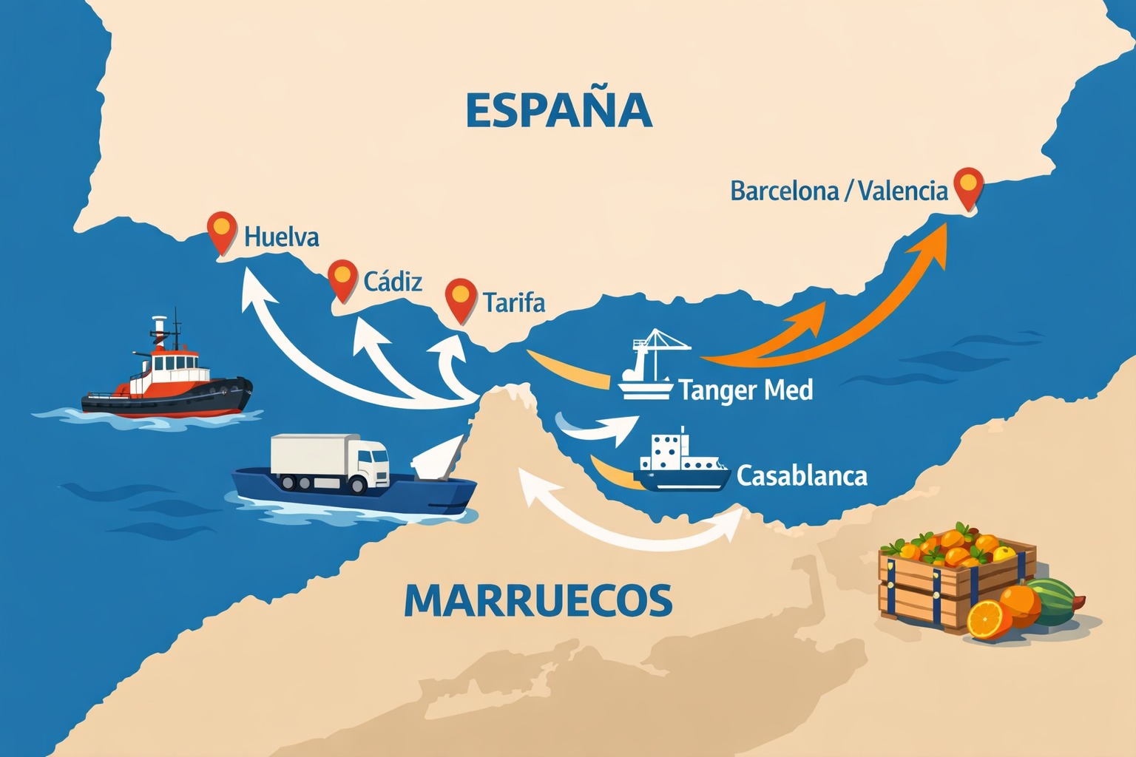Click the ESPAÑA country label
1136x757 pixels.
click(x=559, y=111)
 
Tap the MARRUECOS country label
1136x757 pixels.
click(x=538, y=600)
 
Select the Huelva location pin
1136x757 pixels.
click(x=222, y=231)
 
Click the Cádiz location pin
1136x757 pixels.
click(x=342, y=279)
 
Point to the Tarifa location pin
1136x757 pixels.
click(x=461, y=299)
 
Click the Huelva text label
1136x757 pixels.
click(x=282, y=237)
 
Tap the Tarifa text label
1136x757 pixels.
click(x=514, y=302)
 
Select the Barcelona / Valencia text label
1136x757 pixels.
click(x=839, y=191)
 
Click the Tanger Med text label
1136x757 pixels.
click(x=745, y=390)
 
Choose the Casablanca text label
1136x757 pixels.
click(x=802, y=475)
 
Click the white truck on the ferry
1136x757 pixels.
click(x=331, y=462)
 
